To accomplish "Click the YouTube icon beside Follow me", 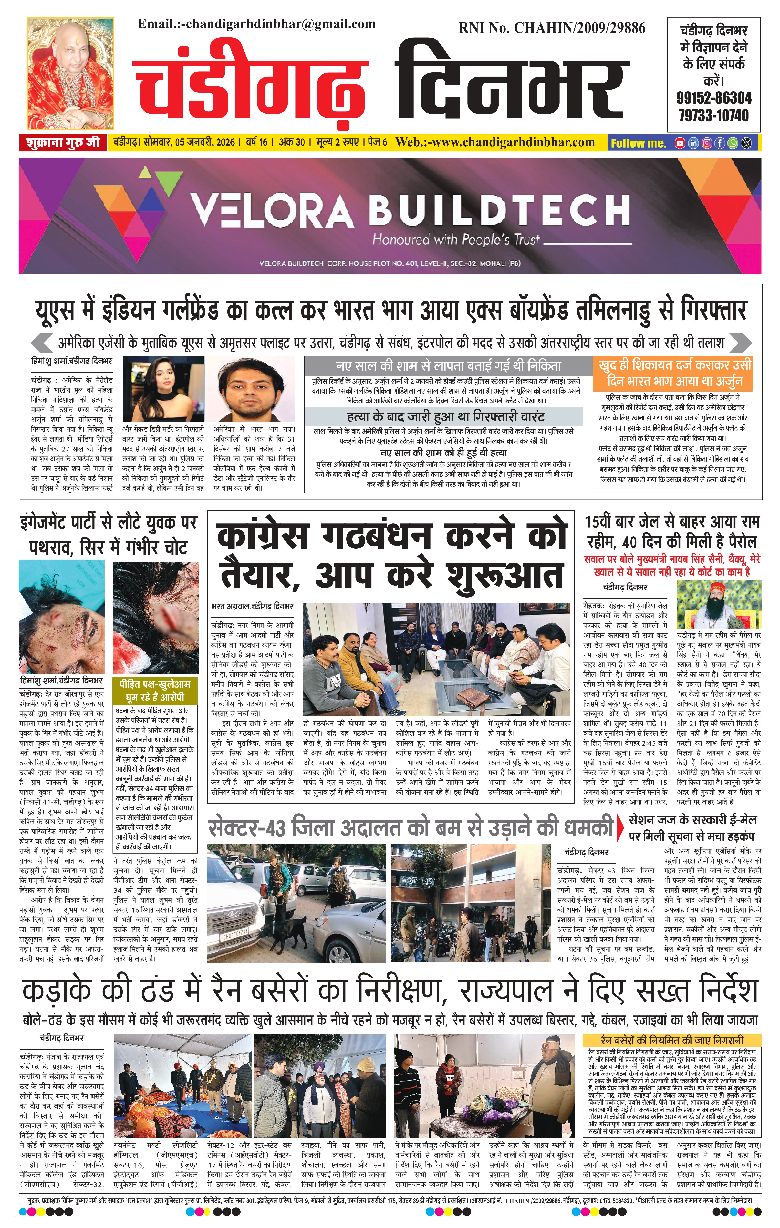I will tap(680, 143).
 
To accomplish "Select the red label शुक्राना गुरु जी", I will tap(63, 143).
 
